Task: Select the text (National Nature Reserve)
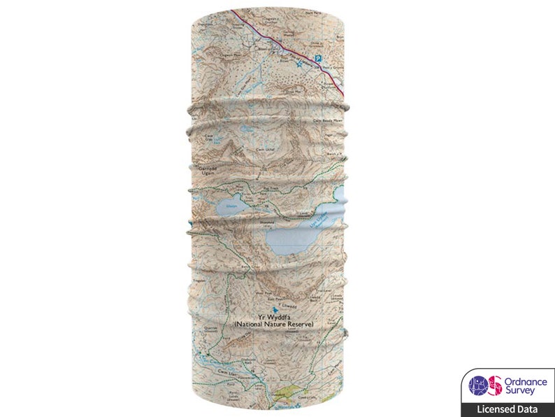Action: (274, 325)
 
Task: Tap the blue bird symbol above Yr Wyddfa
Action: (275, 307)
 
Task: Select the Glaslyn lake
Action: (229, 207)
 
